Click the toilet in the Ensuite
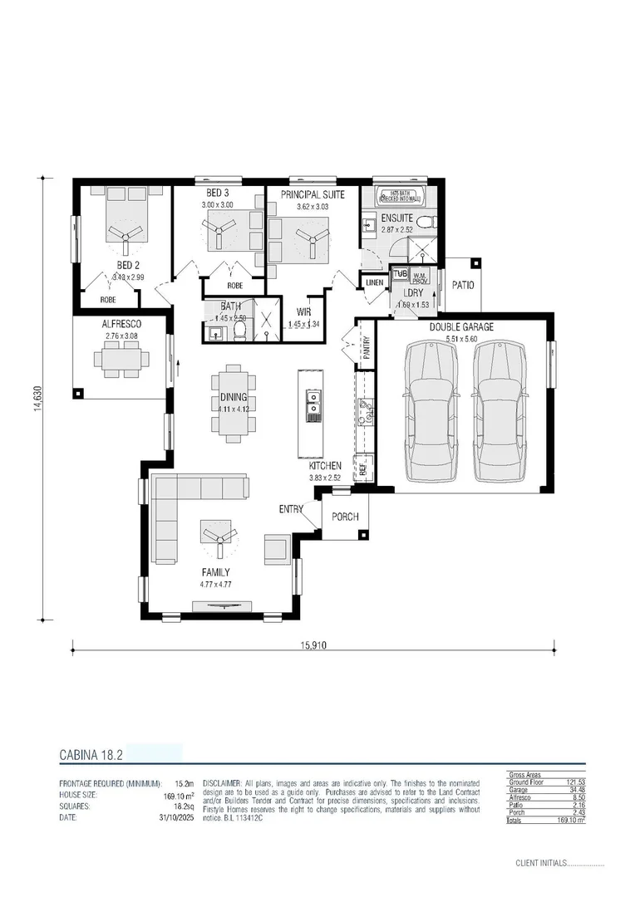(425, 221)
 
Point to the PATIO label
(463, 284)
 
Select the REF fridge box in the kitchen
(363, 468)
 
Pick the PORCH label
(345, 517)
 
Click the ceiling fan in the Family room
(220, 537)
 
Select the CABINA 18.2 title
(91, 755)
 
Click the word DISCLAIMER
(222, 783)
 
